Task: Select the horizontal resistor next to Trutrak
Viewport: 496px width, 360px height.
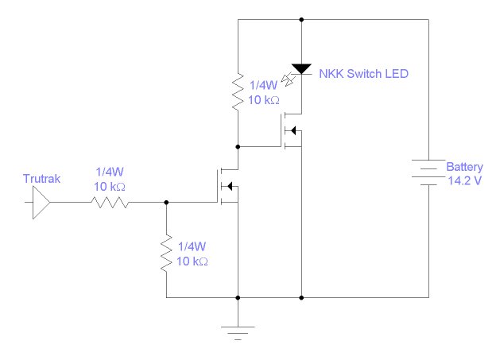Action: coord(110,203)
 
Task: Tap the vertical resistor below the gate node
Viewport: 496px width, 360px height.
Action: coord(166,254)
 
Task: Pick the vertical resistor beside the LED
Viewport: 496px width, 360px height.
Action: coord(237,92)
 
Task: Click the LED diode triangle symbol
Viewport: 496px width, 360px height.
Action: coord(301,70)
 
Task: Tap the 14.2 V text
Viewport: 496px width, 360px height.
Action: coord(463,180)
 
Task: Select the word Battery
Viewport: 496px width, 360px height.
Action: coord(463,168)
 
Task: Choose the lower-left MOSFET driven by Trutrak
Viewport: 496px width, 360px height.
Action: coord(227,186)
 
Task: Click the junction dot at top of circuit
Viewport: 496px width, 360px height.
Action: coord(301,19)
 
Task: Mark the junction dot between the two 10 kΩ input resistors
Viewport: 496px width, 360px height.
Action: coord(166,203)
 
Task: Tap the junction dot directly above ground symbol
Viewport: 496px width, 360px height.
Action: coord(237,298)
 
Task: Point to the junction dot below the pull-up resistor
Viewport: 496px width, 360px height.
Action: coord(237,147)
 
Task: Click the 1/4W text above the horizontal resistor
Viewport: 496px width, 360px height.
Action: coord(110,171)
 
